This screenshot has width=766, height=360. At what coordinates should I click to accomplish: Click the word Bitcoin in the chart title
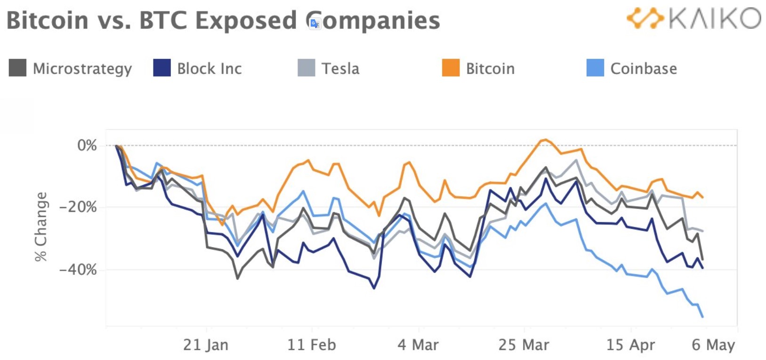click(48, 21)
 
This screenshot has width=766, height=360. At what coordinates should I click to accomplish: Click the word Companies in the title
click(373, 21)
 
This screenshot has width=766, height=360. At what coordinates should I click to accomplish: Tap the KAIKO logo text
click(714, 19)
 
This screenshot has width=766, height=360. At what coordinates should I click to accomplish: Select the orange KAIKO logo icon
click(645, 18)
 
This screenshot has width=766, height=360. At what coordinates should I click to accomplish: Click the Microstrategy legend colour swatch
click(17, 68)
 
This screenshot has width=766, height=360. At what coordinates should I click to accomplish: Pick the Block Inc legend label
click(209, 69)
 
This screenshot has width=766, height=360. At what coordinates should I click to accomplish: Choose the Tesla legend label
click(340, 69)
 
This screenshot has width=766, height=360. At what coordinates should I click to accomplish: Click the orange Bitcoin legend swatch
click(451, 68)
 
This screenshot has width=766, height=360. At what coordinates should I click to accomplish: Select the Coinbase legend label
click(643, 69)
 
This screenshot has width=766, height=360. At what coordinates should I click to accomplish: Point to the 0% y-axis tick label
click(87, 145)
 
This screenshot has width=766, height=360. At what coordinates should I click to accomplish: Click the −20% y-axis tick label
click(78, 207)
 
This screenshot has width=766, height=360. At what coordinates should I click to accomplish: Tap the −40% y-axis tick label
click(78, 270)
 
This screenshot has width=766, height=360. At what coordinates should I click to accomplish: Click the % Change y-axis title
click(41, 226)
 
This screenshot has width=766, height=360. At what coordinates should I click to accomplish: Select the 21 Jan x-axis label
click(206, 345)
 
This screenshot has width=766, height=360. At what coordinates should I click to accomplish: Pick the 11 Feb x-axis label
click(312, 345)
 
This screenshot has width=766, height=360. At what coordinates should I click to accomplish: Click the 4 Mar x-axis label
click(418, 345)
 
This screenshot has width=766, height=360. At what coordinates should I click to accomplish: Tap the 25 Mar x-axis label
click(524, 345)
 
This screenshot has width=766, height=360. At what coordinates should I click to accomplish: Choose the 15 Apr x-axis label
click(630, 345)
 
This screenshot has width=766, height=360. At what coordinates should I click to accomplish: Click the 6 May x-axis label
click(713, 345)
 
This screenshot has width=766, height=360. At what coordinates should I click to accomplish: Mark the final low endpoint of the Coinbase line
click(703, 317)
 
